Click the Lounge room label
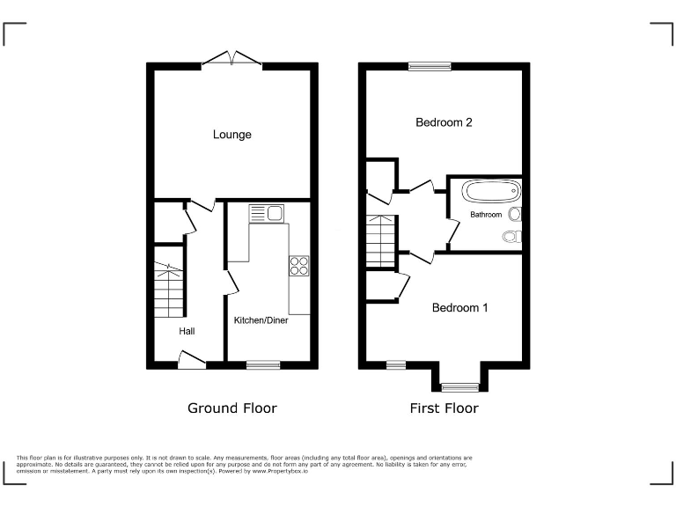(x=231, y=135)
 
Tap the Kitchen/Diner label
(x=261, y=320)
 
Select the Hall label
(x=187, y=332)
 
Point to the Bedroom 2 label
(x=444, y=123)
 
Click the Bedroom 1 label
(x=459, y=308)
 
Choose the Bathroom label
(x=485, y=215)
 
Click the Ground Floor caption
(x=231, y=408)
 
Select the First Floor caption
(x=444, y=408)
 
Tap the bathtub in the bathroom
(x=485, y=192)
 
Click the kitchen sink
(x=265, y=212)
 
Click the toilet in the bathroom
(x=512, y=236)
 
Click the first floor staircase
(x=380, y=242)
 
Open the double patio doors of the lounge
(x=232, y=60)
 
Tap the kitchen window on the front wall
(x=263, y=364)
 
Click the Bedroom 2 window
(x=430, y=66)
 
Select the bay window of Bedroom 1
(x=459, y=386)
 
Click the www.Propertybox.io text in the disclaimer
(x=286, y=472)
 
